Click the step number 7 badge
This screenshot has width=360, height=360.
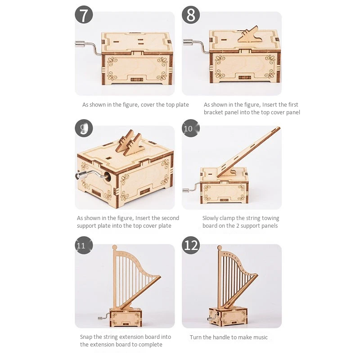(84, 14)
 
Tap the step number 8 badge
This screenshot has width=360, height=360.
(191, 14)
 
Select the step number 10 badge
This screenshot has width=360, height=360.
(191, 128)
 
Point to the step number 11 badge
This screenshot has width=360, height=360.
(84, 245)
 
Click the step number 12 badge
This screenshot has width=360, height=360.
(191, 245)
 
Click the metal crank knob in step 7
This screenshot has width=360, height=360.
(81, 44)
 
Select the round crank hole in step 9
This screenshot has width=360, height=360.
(108, 177)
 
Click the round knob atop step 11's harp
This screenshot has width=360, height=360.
(115, 247)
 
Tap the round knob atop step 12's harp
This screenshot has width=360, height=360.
(220, 248)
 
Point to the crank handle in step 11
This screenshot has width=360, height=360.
(104, 317)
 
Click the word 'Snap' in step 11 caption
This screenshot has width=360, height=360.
(86, 337)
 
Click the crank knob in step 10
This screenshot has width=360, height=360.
(186, 190)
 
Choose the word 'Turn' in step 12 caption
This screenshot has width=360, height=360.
(195, 337)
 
